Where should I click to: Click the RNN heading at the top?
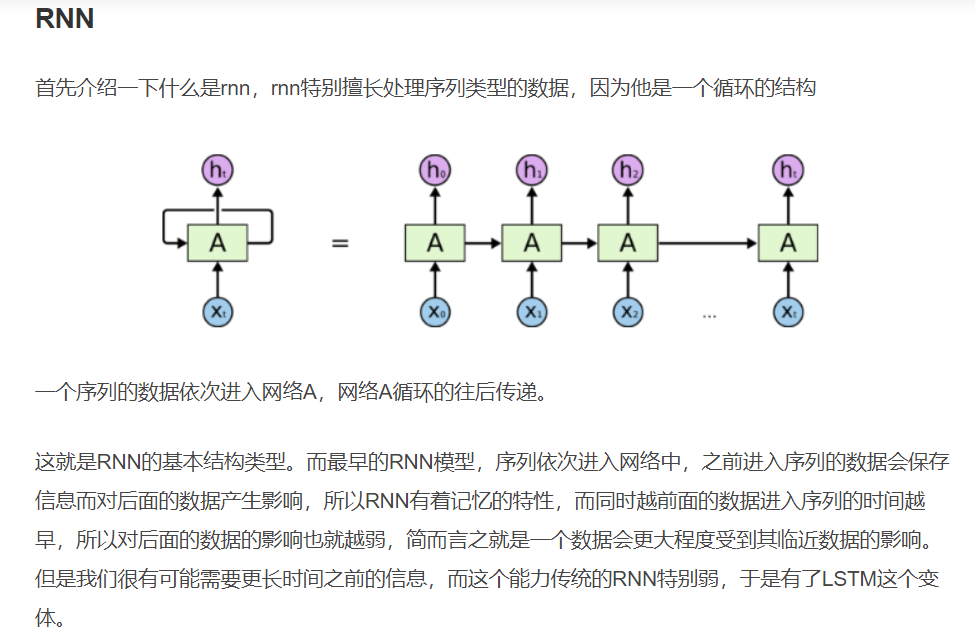(65, 18)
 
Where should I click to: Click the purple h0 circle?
(434, 170)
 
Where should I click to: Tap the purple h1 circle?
(531, 170)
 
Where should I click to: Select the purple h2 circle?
(628, 170)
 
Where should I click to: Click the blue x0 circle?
(434, 312)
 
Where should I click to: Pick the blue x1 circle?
(531, 312)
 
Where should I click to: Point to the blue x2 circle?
(628, 312)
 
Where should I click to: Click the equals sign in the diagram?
(340, 243)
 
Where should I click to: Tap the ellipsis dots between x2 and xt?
(709, 315)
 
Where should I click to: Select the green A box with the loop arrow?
(217, 242)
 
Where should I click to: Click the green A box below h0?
(434, 242)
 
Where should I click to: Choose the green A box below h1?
(531, 242)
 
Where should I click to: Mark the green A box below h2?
(628, 242)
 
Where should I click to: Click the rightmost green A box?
(788, 242)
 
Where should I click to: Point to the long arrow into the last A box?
(707, 242)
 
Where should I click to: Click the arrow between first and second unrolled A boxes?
(482, 242)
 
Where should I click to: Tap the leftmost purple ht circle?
(217, 170)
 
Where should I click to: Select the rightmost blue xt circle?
(788, 312)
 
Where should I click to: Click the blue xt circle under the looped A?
(217, 312)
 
